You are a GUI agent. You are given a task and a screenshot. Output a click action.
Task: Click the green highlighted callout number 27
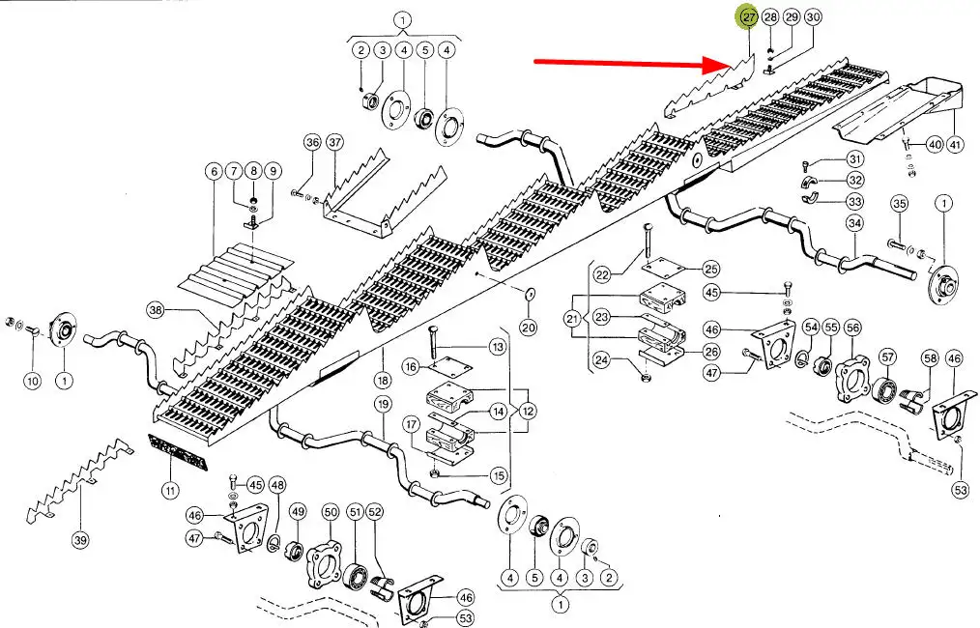coord(747,17)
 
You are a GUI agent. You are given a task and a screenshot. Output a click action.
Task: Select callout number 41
coord(956,145)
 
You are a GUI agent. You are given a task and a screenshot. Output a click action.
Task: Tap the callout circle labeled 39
coord(80,541)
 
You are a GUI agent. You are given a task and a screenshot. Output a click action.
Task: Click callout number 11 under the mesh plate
coord(170,491)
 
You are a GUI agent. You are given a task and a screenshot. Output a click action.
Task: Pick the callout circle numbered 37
coord(334,142)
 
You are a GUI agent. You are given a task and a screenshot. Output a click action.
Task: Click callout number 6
coord(213,171)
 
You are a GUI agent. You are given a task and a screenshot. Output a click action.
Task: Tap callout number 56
coord(851,329)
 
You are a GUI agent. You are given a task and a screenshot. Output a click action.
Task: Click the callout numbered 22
coord(603,275)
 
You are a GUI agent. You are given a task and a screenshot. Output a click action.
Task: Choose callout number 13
coord(498,346)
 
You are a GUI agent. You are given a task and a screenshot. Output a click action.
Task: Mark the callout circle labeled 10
coord(32,382)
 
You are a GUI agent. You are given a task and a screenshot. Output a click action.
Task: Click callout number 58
coord(931,358)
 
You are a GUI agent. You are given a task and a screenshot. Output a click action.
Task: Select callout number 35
coord(899,204)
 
